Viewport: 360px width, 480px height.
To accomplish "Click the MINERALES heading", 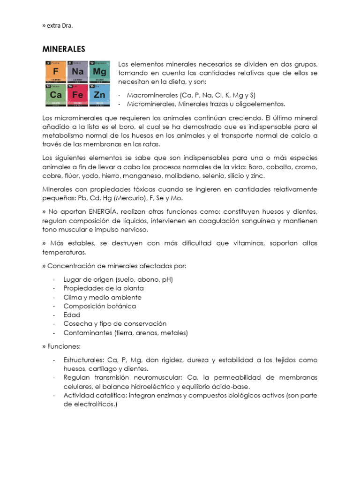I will [x=64, y=48].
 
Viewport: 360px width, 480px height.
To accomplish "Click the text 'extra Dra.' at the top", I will [x=60, y=26].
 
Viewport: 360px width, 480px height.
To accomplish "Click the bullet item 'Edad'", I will [x=72, y=315].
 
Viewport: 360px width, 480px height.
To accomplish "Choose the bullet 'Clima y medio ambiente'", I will [x=102, y=297].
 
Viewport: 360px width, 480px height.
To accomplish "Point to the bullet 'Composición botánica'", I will [x=99, y=306].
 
